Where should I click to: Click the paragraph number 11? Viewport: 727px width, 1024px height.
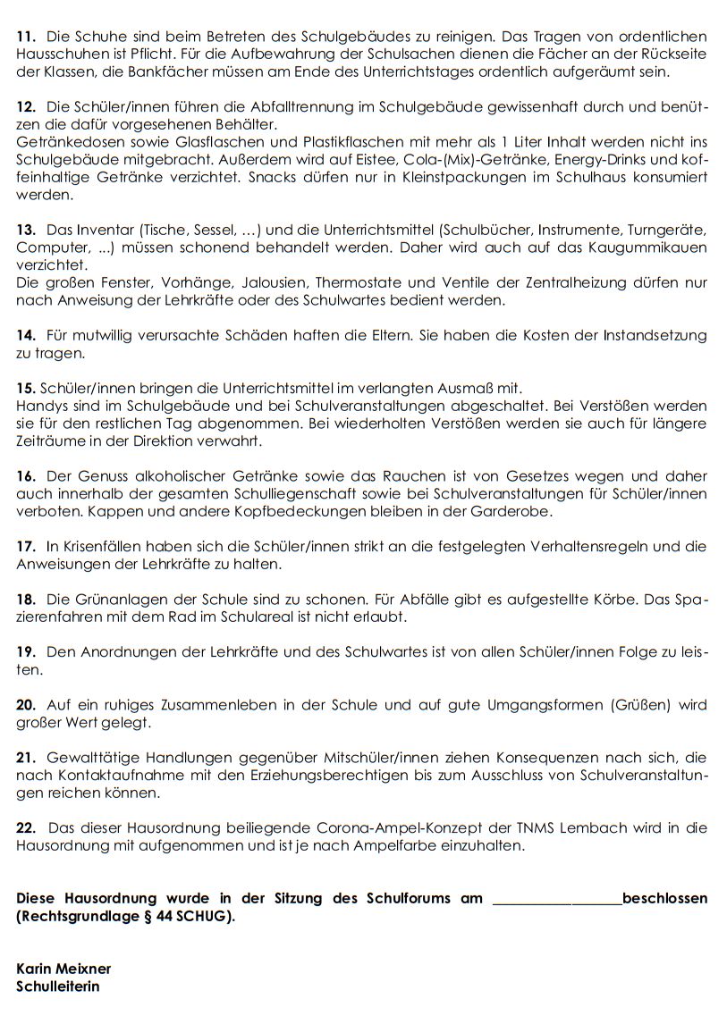tap(26, 37)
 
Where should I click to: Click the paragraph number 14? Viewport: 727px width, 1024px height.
tap(26, 335)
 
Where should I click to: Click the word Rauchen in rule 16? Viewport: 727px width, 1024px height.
tap(363, 476)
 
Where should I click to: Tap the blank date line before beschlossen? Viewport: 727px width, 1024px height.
tap(556, 899)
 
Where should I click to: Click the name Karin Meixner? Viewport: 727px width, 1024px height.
tap(63, 969)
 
